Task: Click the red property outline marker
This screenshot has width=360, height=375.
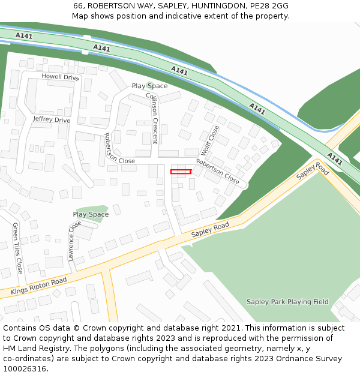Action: [181, 172]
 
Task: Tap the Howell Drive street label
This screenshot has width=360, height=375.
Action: [60, 77]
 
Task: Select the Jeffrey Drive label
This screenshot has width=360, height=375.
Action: [52, 120]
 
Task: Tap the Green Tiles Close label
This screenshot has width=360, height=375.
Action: [17, 248]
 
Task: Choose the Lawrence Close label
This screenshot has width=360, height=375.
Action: [74, 241]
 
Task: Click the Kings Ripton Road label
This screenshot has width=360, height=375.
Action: [38, 287]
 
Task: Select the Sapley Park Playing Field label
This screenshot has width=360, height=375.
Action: [287, 302]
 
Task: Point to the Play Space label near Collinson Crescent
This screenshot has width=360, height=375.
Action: [149, 86]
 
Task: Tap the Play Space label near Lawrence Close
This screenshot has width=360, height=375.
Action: [91, 214]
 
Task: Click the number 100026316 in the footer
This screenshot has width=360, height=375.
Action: [25, 369]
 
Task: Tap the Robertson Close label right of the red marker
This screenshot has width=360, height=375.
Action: [218, 172]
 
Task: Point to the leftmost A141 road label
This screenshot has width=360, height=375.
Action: [24, 36]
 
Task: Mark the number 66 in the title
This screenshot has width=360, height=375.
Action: [78, 5]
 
